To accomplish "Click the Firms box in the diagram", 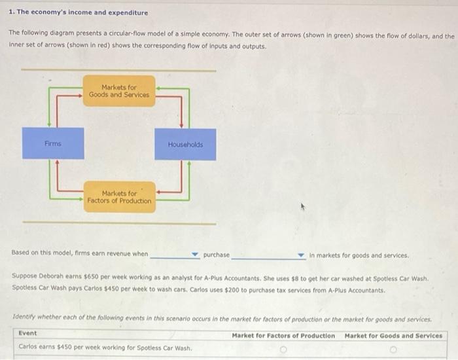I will (53, 143).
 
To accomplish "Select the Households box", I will (185, 144).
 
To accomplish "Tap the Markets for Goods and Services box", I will (119, 91).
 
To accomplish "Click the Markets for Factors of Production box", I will (119, 197).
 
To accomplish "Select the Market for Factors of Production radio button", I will (283, 349).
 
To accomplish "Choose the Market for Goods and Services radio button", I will (393, 349).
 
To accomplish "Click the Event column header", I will (28, 334).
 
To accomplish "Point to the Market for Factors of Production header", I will (283, 335).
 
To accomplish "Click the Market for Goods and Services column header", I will (393, 335).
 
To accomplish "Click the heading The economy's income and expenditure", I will (79, 12).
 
